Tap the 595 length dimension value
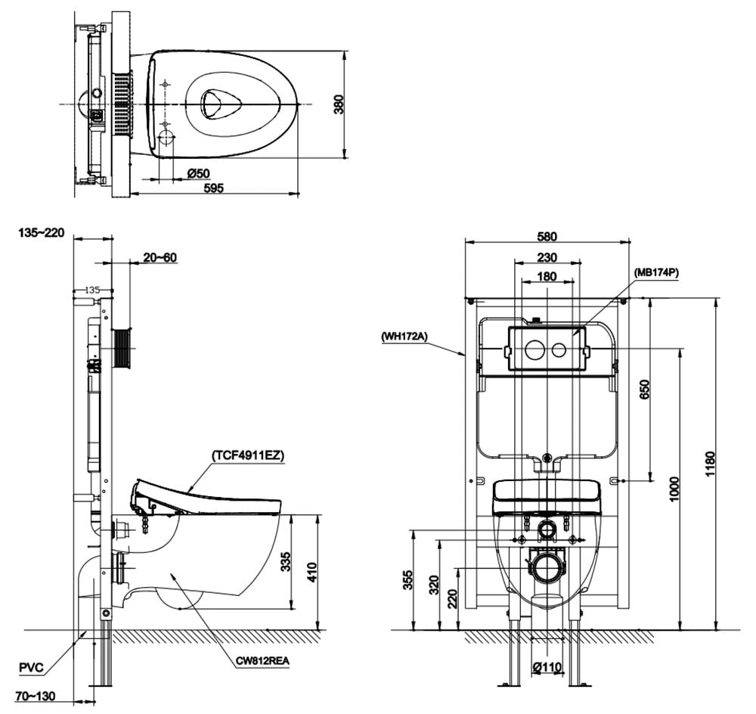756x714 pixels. tap(214, 188)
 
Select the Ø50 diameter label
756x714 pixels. tap(198, 173)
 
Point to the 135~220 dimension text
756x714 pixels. tap(42, 232)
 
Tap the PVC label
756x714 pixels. tap(32, 667)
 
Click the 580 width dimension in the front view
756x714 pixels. tap(547, 235)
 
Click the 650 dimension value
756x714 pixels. tap(644, 390)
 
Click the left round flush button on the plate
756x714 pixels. tap(534, 350)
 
